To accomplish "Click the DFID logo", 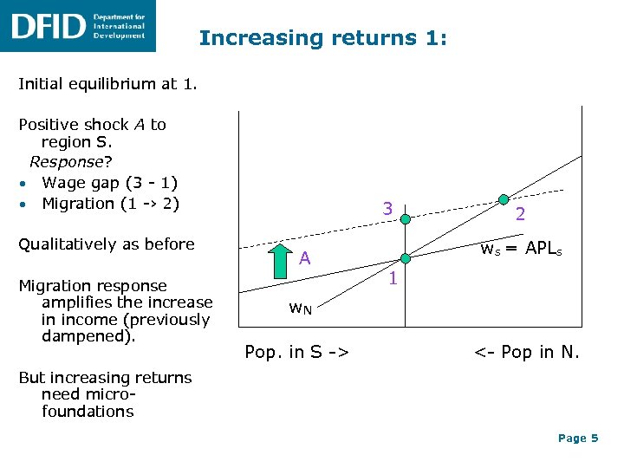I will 78,26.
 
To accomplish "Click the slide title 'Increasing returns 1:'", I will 322,38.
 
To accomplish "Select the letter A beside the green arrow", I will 305,257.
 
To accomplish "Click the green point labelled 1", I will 405,258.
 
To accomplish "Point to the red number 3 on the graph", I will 389,209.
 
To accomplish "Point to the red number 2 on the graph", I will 520,213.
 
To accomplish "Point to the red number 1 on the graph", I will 392,279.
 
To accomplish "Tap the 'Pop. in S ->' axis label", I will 297,352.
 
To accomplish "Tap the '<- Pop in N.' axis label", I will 525,352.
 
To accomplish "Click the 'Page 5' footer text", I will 578,439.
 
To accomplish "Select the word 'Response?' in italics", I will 69,162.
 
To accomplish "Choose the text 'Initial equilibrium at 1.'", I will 107,85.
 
